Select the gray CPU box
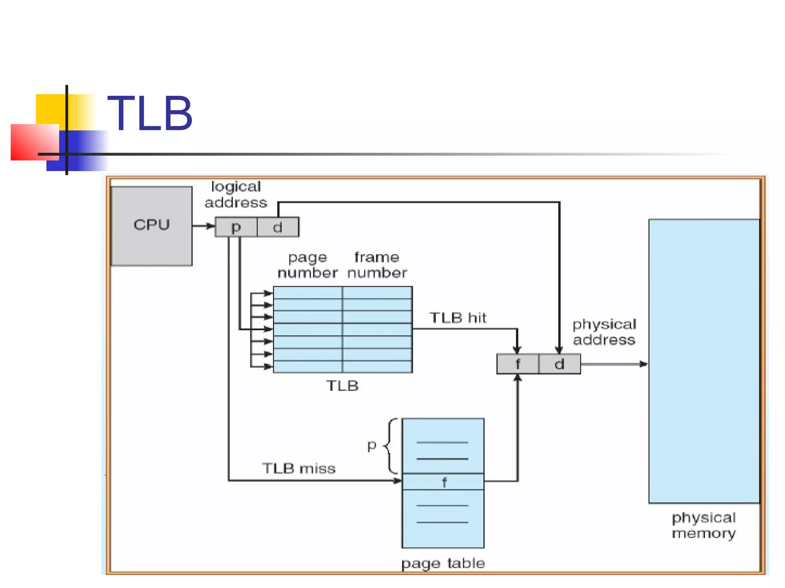tap(152, 226)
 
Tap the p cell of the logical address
tap(236, 227)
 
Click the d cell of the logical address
tap(278, 227)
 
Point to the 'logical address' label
tap(236, 194)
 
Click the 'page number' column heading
tap(307, 265)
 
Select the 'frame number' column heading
tap(377, 265)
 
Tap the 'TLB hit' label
tap(458, 318)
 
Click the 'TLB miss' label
tap(299, 468)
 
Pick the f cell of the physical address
tap(517, 364)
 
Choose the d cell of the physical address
tap(559, 364)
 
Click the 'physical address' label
tap(604, 332)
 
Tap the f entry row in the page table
tap(443, 482)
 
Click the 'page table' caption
tap(443, 563)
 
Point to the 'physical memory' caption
tap(704, 525)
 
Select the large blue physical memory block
tap(704, 361)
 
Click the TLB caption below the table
tap(342, 385)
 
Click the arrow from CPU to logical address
tap(203, 226)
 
